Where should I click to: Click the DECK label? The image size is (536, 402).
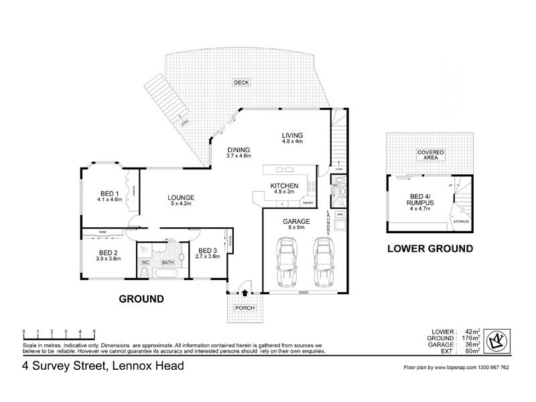click(241, 82)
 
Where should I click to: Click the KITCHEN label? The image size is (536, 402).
click(284, 186)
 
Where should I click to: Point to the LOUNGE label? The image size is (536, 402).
click(181, 198)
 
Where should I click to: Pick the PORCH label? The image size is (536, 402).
click(245, 308)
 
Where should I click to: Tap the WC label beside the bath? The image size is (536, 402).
click(145, 262)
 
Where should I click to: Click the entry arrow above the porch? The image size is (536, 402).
click(245, 292)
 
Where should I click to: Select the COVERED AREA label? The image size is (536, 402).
click(431, 155)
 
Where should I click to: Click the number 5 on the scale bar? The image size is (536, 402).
click(94, 332)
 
